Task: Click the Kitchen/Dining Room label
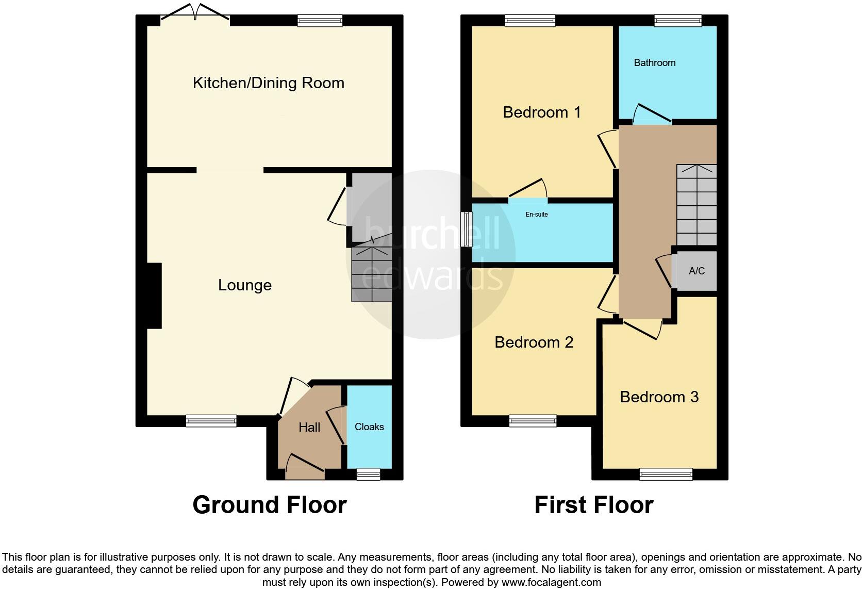click(x=268, y=83)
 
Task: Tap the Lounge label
click(x=244, y=285)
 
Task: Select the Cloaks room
click(x=369, y=427)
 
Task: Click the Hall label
click(x=309, y=428)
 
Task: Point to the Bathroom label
click(x=654, y=63)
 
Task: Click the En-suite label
click(x=536, y=215)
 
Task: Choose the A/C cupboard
click(x=697, y=271)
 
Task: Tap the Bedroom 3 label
click(x=659, y=397)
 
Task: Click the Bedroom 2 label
click(x=534, y=342)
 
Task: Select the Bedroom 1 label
click(x=541, y=112)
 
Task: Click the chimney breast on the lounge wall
click(x=154, y=296)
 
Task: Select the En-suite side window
click(x=467, y=230)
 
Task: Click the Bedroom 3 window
click(x=666, y=474)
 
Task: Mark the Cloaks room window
click(x=369, y=474)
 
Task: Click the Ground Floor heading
click(x=269, y=505)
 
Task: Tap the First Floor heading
click(x=593, y=505)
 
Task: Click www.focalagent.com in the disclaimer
click(x=551, y=583)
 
